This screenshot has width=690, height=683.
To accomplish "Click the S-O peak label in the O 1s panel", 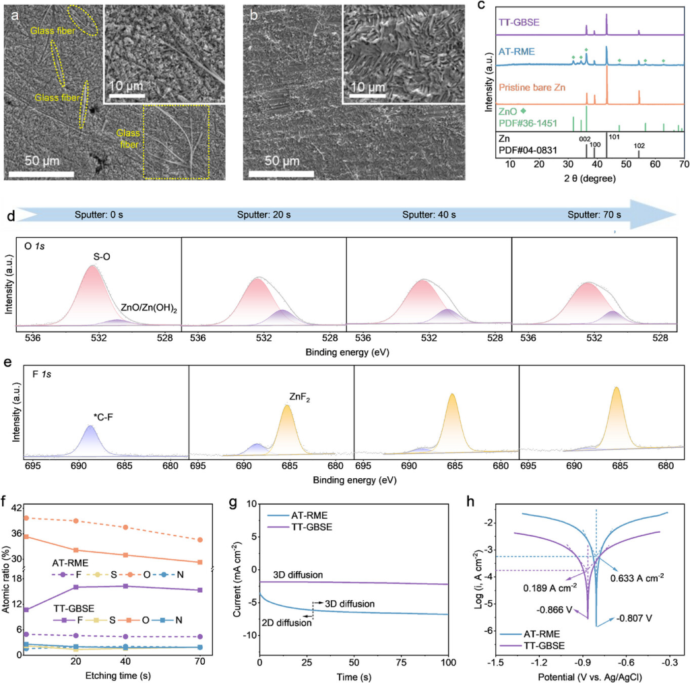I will coord(102,257).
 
